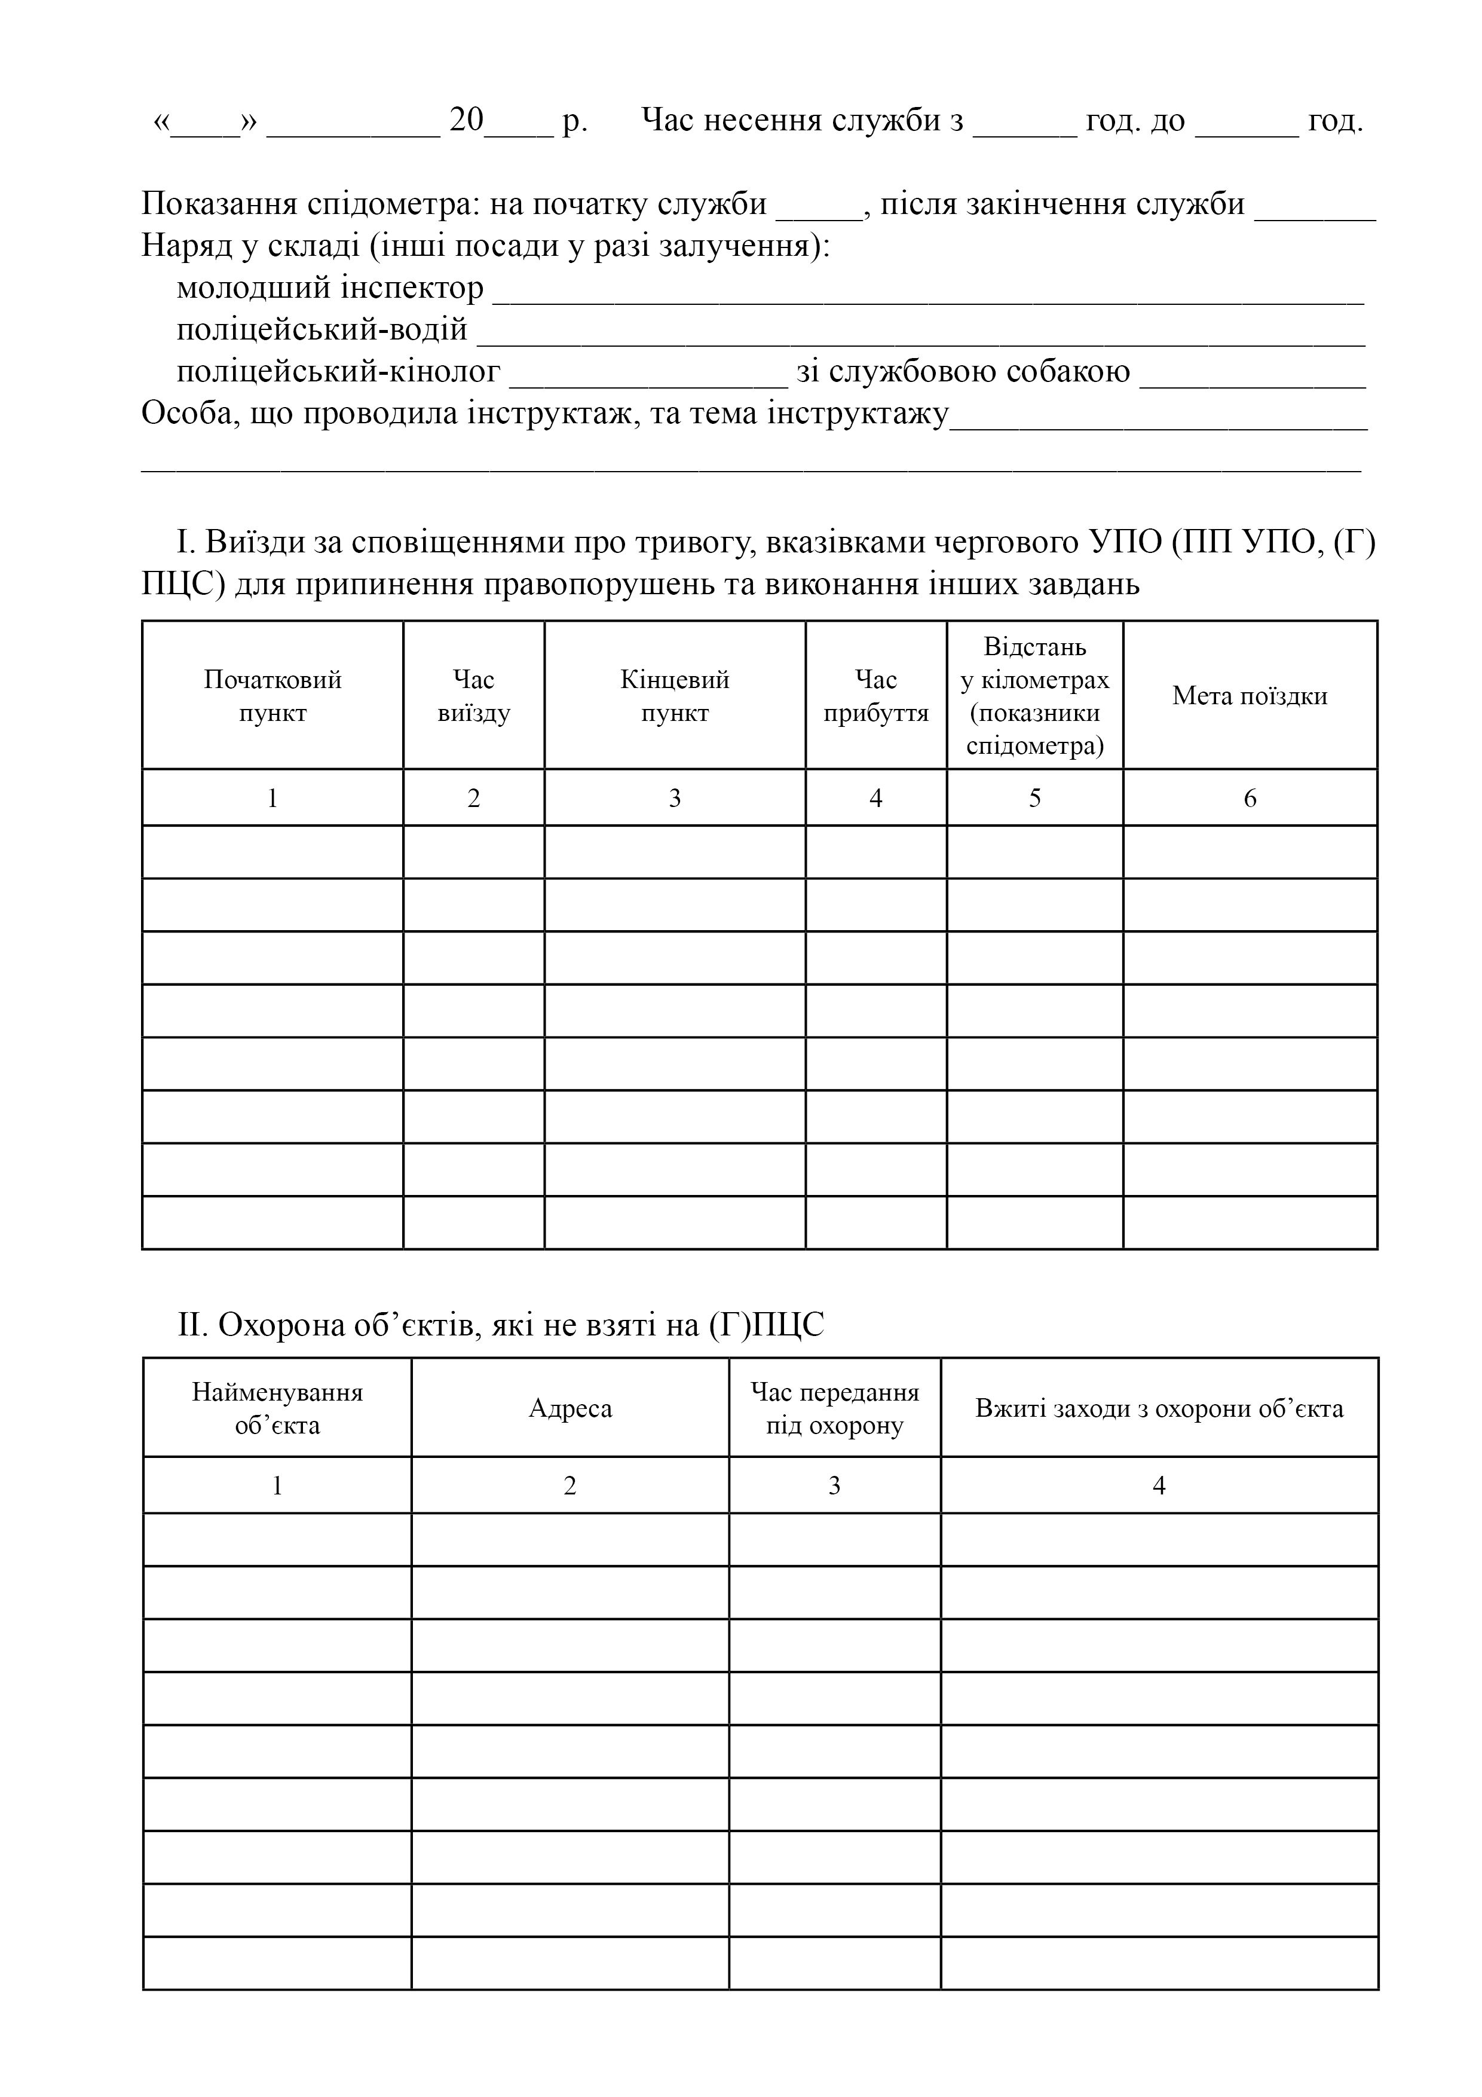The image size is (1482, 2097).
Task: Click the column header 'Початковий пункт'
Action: point(272,696)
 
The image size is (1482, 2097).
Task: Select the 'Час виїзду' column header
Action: point(473,696)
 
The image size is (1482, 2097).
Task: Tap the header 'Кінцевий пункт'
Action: point(674,696)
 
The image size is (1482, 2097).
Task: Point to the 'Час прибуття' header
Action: point(875,696)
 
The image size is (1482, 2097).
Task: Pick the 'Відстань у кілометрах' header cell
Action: point(1034,696)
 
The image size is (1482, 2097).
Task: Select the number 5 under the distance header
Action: point(1034,798)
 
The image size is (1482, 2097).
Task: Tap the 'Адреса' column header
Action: point(569,1408)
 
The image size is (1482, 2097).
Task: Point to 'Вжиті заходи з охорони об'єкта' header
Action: point(1159,1408)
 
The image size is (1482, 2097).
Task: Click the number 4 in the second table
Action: point(1159,1486)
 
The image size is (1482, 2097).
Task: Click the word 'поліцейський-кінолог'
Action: point(338,372)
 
